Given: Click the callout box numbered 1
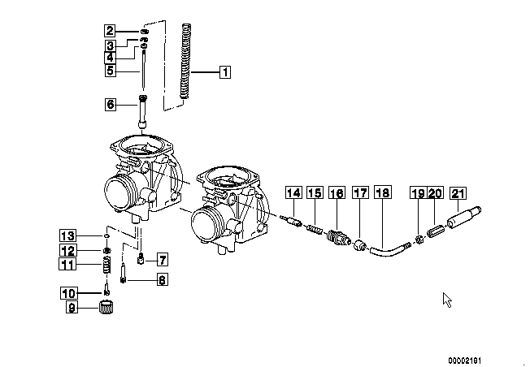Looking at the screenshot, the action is click(x=225, y=72).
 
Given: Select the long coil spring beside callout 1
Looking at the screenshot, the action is click(x=185, y=62).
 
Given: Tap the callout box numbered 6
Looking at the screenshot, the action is click(x=111, y=104).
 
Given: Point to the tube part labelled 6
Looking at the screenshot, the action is click(x=143, y=111).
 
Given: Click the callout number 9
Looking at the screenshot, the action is click(x=72, y=307).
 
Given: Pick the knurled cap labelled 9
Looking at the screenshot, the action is click(x=106, y=307).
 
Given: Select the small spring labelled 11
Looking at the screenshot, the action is click(x=106, y=265).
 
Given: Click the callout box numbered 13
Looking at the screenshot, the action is click(x=68, y=235).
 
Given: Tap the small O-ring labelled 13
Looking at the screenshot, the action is click(x=106, y=235).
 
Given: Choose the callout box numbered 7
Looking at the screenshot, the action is click(x=163, y=260).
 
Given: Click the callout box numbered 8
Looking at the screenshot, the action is click(x=163, y=279).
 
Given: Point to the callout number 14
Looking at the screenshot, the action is click(x=293, y=192).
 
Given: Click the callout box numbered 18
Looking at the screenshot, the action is click(x=383, y=192).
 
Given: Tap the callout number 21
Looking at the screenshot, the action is click(x=458, y=193).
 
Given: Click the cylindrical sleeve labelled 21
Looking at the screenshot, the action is click(x=464, y=218).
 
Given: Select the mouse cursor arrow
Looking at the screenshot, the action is click(x=447, y=300).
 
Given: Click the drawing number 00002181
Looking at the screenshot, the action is click(x=464, y=361).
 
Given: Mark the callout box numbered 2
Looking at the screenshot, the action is click(x=110, y=31).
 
